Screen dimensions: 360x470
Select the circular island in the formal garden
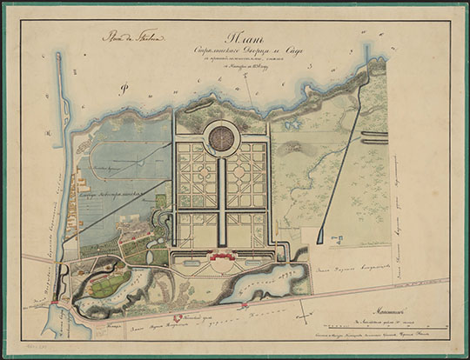[223, 137]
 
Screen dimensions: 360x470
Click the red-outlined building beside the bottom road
[178, 319]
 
